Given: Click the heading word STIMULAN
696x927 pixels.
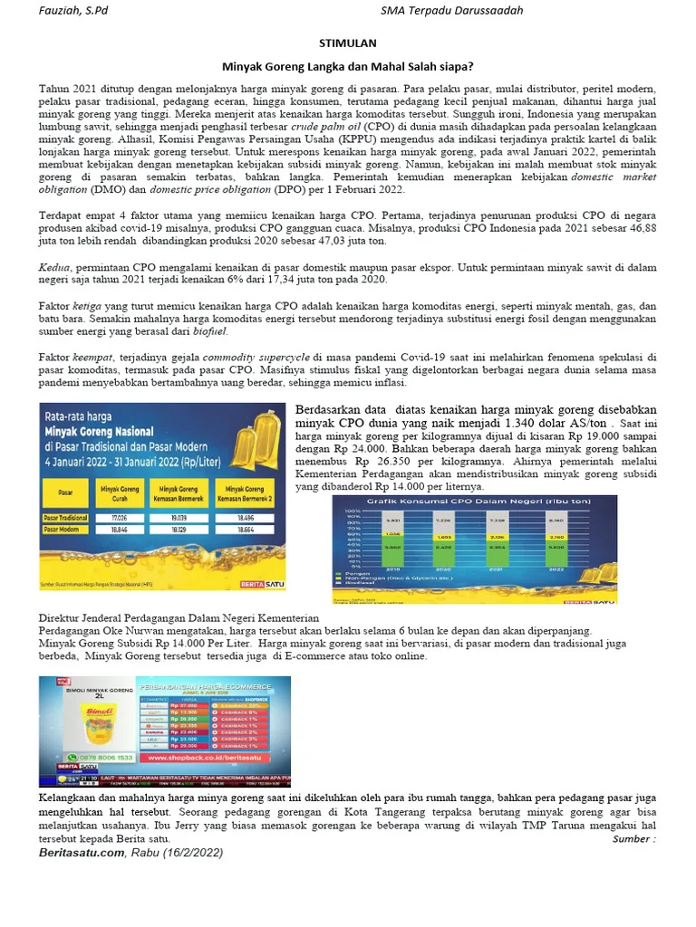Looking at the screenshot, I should point(347,43).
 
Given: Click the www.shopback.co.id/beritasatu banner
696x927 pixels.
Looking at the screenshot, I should point(213,757).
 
